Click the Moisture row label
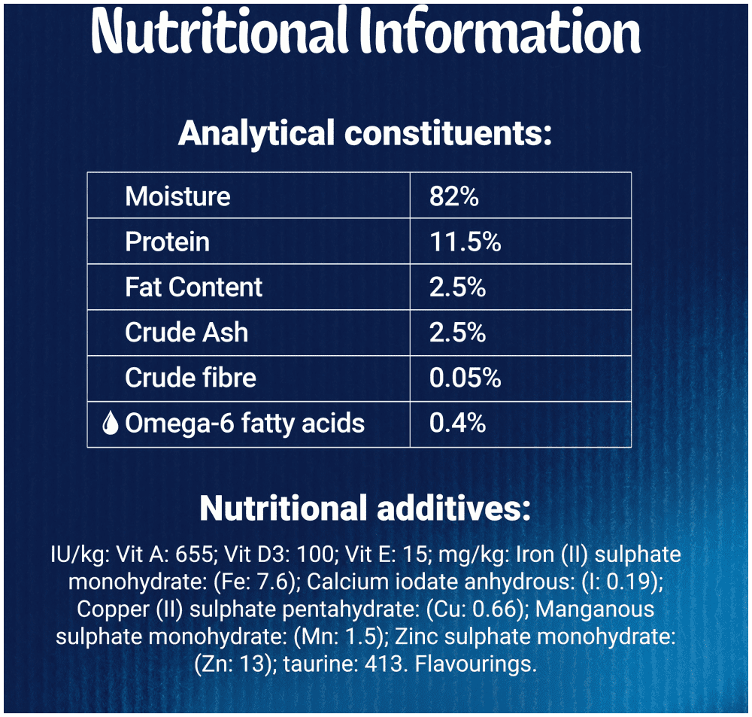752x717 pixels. pyautogui.click(x=177, y=196)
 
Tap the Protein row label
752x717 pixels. pyautogui.click(x=167, y=242)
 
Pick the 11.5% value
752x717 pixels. pyautogui.click(x=465, y=242)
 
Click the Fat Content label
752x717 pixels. pyautogui.click(x=194, y=287)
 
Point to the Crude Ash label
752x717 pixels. pyautogui.click(x=186, y=332)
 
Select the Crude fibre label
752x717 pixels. pyautogui.click(x=190, y=378)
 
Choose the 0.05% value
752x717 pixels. pyautogui.click(x=465, y=378)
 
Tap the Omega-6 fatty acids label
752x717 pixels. pyautogui.click(x=244, y=424)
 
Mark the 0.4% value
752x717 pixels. pyautogui.click(x=457, y=423)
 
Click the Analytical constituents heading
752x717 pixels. pyautogui.click(x=365, y=133)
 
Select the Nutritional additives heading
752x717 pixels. pyautogui.click(x=365, y=509)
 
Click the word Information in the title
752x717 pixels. pyautogui.click(x=500, y=31)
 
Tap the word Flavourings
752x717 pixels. pyautogui.click(x=475, y=664)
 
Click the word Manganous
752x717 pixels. pyautogui.click(x=595, y=609)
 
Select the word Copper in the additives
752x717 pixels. pyautogui.click(x=114, y=609)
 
